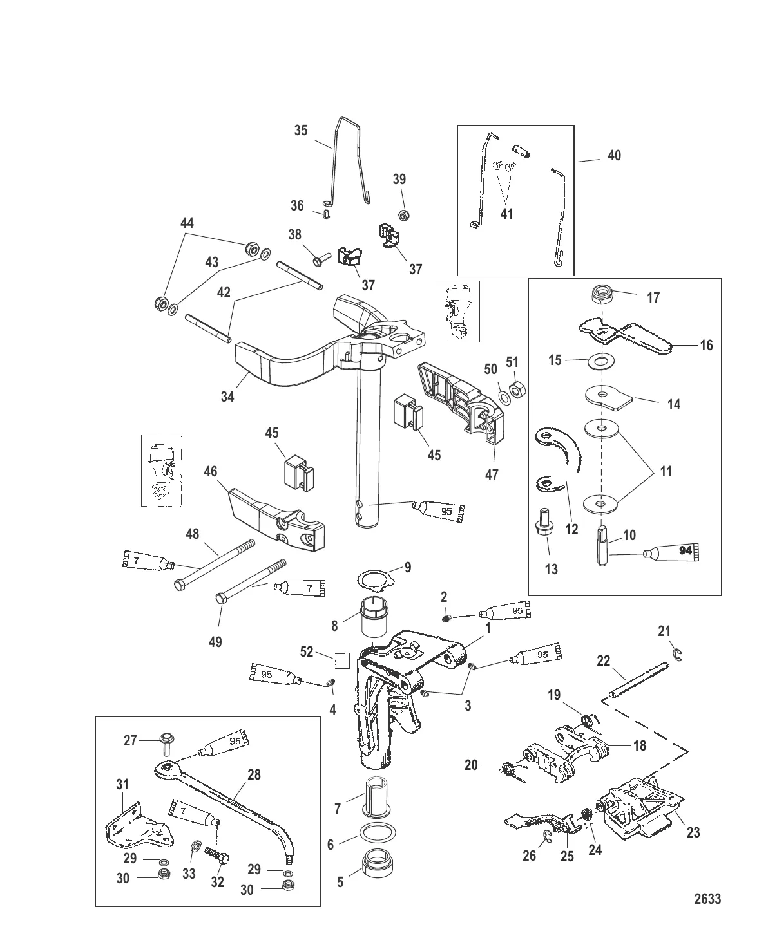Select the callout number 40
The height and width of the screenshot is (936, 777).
pyautogui.click(x=615, y=155)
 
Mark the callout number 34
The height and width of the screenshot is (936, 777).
pyautogui.click(x=227, y=397)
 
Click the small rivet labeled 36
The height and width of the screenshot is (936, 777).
pyautogui.click(x=326, y=213)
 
